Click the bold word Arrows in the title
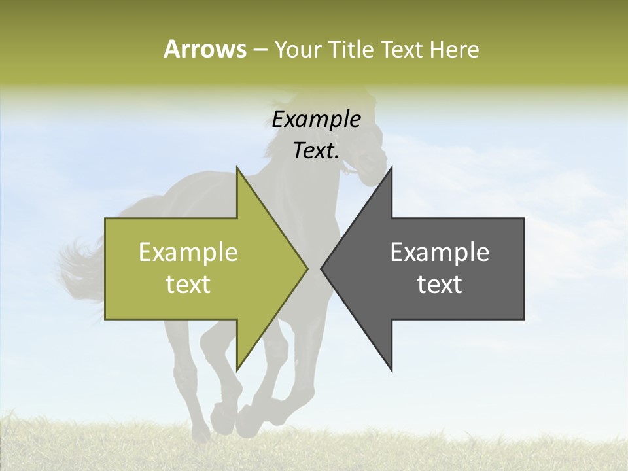205,49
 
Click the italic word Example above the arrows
316,120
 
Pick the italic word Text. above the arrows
316,151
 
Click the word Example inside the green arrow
188,253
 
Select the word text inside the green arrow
188,285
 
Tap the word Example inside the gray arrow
440,253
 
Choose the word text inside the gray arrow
440,285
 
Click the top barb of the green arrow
239,173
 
